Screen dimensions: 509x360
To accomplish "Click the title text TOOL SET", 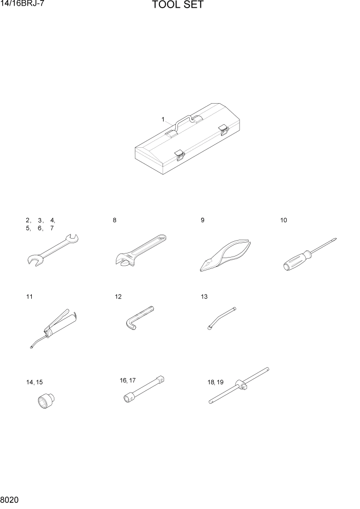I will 178,6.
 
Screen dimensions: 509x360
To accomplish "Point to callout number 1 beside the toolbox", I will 163,119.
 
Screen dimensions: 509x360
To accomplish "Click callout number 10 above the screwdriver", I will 284,220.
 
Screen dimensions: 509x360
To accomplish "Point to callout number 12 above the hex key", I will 118,297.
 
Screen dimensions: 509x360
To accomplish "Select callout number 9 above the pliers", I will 203,220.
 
